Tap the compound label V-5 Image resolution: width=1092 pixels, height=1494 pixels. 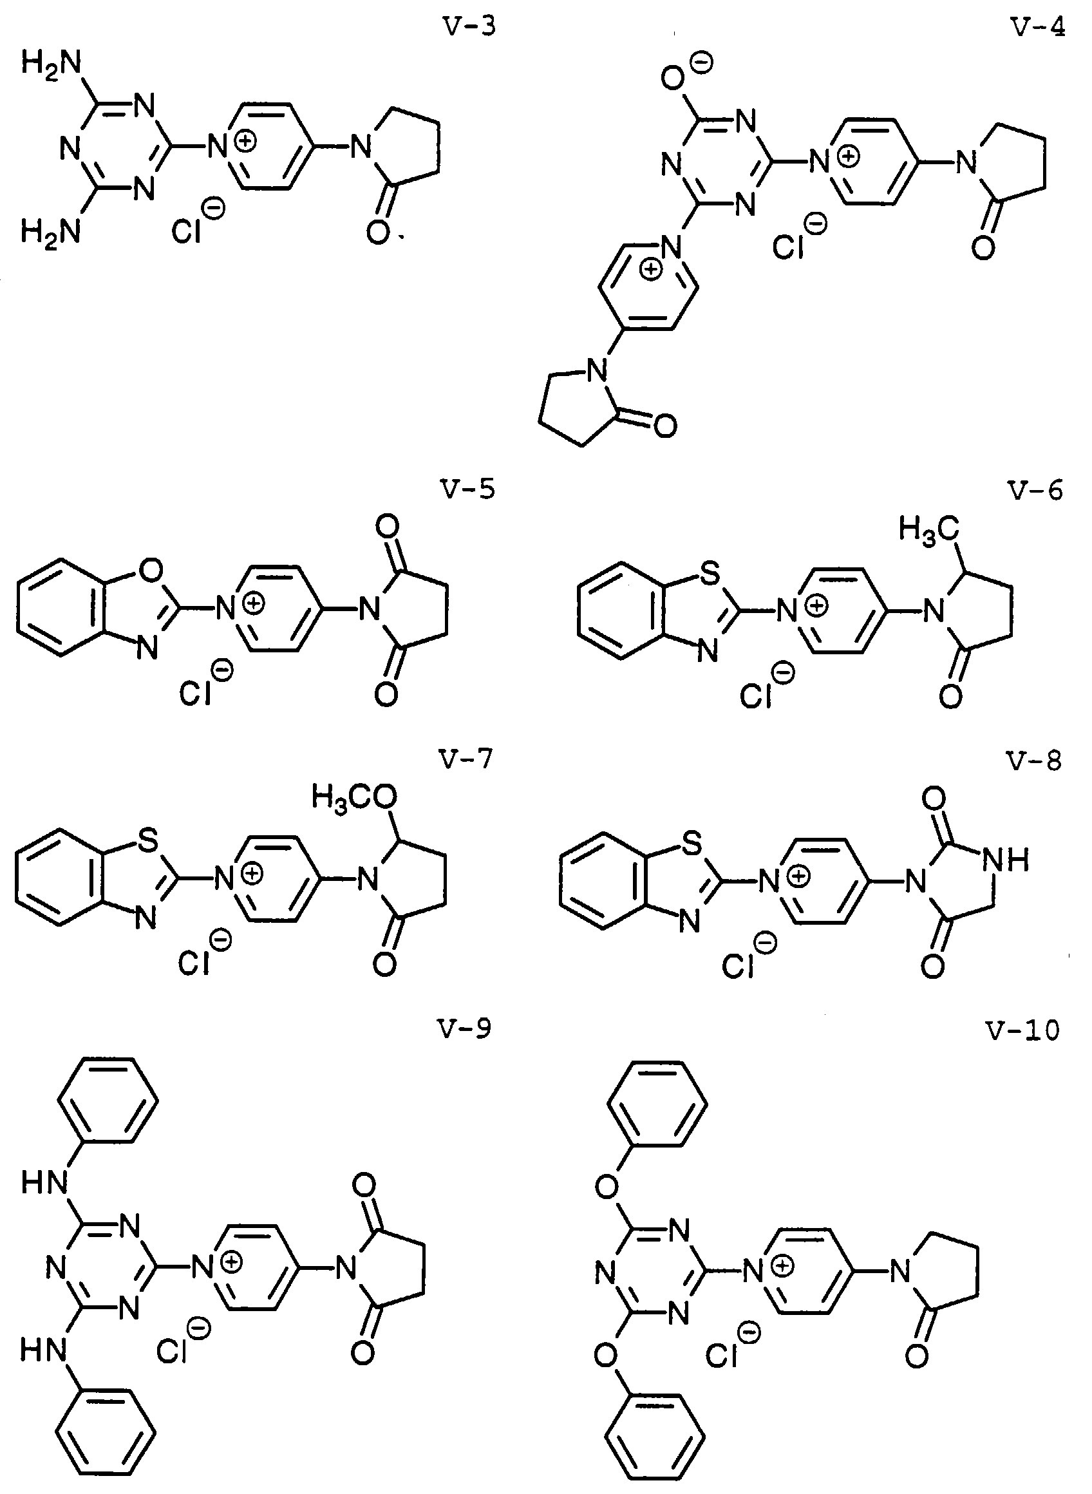(467, 490)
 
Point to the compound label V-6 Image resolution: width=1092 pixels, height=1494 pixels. (1035, 490)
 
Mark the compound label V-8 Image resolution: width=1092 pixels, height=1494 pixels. (1035, 761)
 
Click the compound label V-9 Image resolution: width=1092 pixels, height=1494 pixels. (465, 1030)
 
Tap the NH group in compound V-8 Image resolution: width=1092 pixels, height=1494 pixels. (1006, 860)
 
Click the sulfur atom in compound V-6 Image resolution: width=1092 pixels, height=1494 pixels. (710, 575)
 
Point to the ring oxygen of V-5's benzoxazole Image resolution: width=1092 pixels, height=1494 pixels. (151, 569)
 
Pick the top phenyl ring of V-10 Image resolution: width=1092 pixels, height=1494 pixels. (657, 1103)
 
